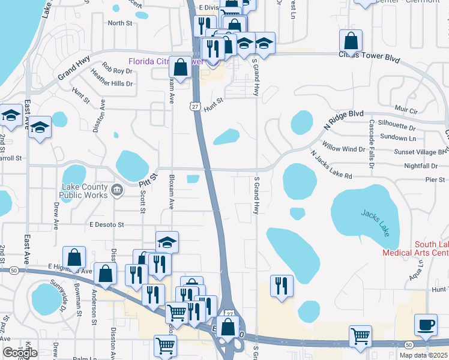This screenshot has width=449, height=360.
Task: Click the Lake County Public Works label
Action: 84,191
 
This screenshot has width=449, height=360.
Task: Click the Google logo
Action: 20,353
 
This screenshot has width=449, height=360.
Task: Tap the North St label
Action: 119,23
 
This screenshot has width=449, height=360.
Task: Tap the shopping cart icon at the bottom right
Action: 360,336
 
